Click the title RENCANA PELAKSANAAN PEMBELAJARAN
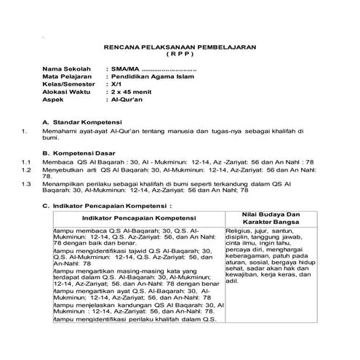tap(180, 46)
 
